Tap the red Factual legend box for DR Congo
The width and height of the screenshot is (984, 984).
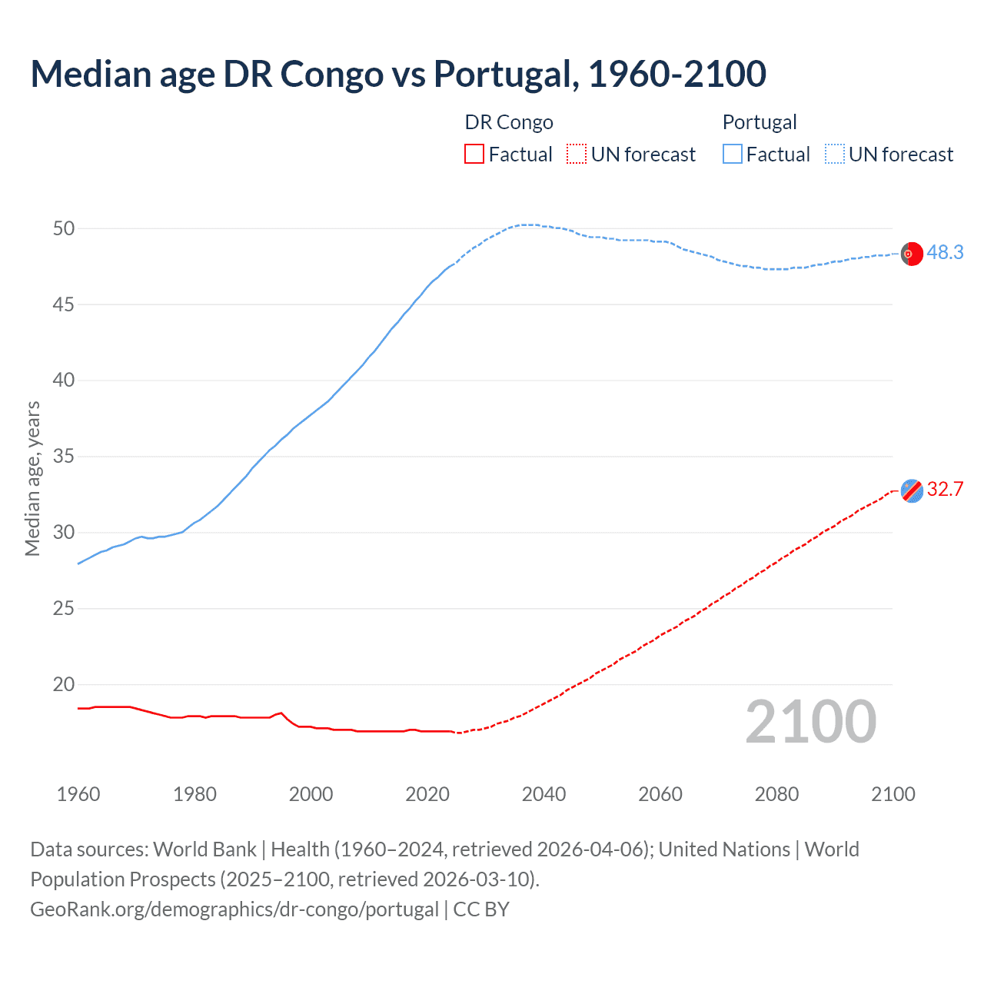pos(474,155)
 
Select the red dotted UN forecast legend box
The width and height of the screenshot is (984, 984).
pos(577,155)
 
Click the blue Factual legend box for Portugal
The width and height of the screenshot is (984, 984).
pos(732,155)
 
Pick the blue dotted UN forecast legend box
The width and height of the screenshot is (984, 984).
pos(834,155)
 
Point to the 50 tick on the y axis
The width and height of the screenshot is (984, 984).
pos(64,228)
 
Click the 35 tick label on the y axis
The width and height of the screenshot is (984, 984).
pos(64,457)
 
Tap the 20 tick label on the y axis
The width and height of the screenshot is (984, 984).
pos(64,684)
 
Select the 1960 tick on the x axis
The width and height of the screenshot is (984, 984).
pos(78,794)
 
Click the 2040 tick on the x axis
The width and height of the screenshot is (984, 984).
pos(544,794)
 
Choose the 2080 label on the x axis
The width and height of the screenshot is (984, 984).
pos(776,794)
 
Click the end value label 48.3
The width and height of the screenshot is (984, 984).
pos(945,253)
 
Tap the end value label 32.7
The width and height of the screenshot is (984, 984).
pos(945,490)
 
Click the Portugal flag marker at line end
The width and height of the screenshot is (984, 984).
pos(912,254)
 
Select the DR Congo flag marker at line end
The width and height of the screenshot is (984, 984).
pos(912,490)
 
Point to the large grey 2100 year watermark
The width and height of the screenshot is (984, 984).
pos(810,722)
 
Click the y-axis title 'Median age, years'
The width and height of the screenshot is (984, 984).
pos(32,478)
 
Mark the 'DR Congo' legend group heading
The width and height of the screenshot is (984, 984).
pos(509,122)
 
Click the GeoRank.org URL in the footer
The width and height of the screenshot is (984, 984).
pos(234,909)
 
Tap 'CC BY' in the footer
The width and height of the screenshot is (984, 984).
pos(481,909)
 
